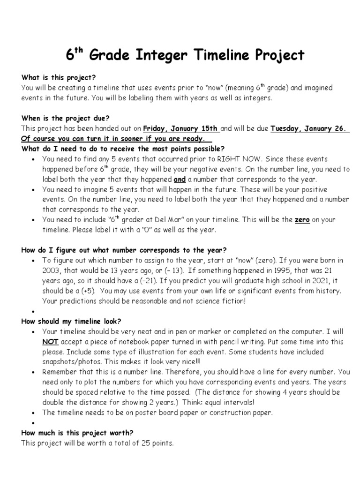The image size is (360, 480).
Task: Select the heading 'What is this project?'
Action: click(x=58, y=78)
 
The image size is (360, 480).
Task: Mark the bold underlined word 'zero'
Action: click(x=302, y=220)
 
